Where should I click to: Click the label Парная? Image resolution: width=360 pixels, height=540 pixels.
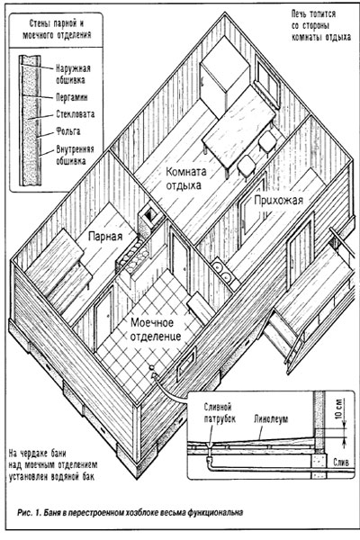pos(105,237)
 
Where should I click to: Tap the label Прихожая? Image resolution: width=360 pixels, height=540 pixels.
pos(278,200)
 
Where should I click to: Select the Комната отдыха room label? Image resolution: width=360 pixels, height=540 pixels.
pos(185,178)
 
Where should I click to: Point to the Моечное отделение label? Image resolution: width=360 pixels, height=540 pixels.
pos(156,329)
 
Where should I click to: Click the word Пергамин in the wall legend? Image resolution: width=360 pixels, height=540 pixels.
pos(72,97)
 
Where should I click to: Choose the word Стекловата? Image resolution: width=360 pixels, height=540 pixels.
pos(75,114)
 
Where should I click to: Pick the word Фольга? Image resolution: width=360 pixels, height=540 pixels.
pos(68,131)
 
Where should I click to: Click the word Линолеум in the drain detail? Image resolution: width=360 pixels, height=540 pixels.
pos(271,418)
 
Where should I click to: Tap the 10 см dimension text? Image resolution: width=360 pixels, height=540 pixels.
pos(340,408)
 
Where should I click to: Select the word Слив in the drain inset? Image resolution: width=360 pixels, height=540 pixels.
pos(341,462)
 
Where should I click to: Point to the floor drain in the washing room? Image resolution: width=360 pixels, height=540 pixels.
pos(152,368)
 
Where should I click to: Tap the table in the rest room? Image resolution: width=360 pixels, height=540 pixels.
pos(238,132)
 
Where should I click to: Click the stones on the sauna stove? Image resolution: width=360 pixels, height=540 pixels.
pos(135,254)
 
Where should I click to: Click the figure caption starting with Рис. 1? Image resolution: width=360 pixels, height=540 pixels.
pos(130,512)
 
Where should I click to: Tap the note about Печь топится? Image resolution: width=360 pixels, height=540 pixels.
pos(321,26)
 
